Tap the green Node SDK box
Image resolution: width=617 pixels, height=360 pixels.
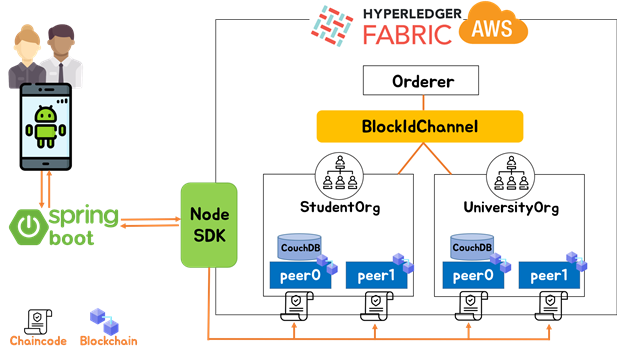[208, 225]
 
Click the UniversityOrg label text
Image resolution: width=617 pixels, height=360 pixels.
[510, 207]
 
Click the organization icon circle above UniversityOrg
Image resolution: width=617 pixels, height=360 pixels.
[510, 176]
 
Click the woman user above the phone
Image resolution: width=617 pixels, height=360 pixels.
[25, 58]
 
